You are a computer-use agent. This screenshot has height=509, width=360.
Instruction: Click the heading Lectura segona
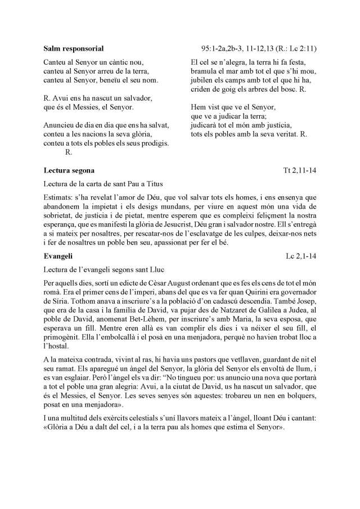69,170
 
